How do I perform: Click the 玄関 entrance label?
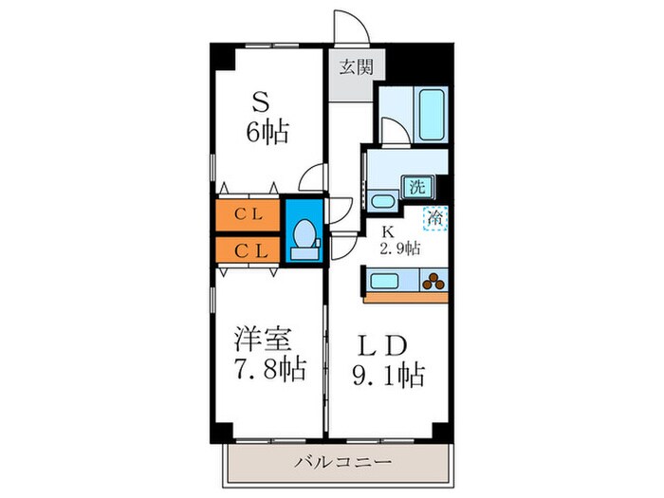(x=351, y=67)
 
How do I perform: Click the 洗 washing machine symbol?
(x=415, y=187)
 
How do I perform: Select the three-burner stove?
(x=435, y=281)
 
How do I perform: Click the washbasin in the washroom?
(x=382, y=201)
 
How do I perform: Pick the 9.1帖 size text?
(x=390, y=375)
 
